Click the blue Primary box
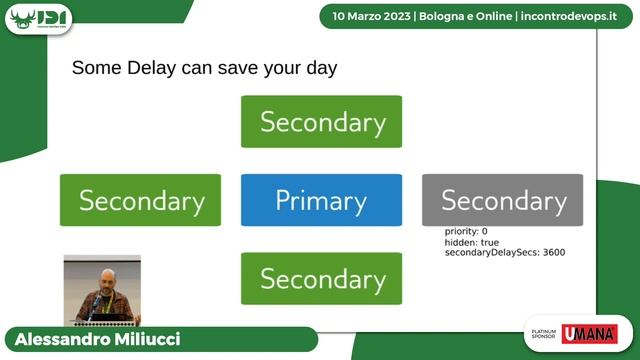pos(321,200)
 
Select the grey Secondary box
pos(502,200)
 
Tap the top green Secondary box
pos(321,122)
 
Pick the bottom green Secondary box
pos(321,278)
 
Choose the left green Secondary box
pos(140,200)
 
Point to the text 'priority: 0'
pos(466,232)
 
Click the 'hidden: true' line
pos(472,242)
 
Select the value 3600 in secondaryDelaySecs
pos(550,253)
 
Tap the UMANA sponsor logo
pos(589,334)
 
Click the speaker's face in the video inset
pos(106,277)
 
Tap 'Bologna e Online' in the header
pos(462,16)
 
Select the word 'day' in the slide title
pos(318,70)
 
